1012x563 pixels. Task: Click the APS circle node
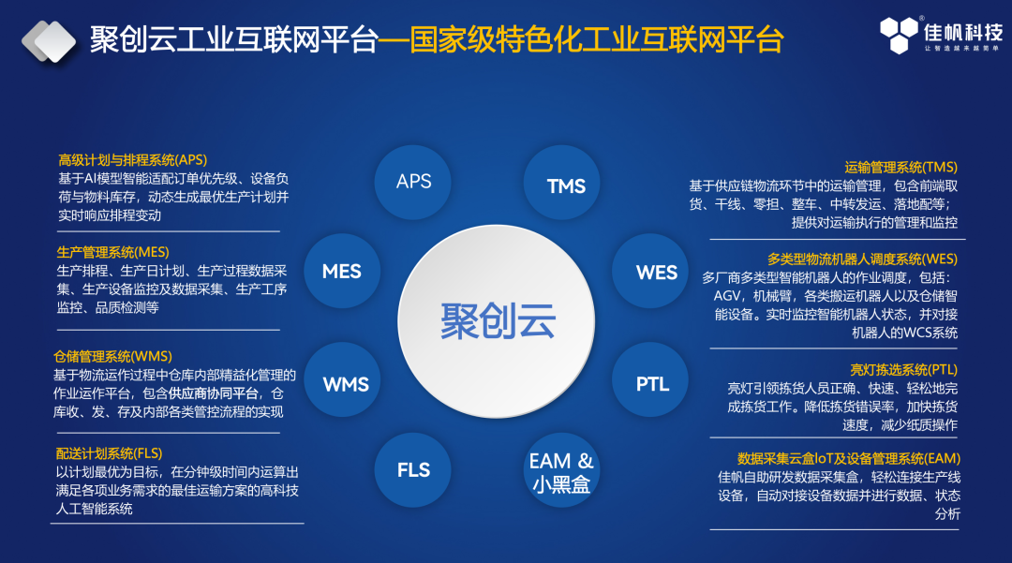[413, 182]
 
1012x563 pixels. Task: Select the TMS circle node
[566, 185]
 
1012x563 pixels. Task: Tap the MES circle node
[342, 272]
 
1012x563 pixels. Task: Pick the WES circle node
[656, 272]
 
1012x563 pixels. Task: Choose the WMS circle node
[345, 383]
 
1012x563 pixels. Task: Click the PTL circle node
[652, 383]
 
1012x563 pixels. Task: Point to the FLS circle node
[413, 469]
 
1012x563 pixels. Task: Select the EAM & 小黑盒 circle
[561, 471]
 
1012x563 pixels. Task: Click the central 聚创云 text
[498, 322]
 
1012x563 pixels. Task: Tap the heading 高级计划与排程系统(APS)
[132, 160]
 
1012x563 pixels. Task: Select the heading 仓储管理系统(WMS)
[113, 356]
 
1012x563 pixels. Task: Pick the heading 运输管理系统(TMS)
[900, 168]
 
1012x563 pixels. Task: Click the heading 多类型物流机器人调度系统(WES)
[862, 259]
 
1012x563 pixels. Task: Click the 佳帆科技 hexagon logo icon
[898, 35]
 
